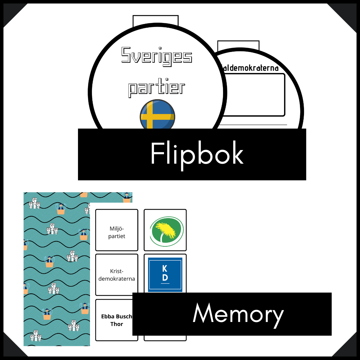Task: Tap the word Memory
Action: pyautogui.click(x=238, y=314)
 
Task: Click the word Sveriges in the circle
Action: pyautogui.click(x=156, y=56)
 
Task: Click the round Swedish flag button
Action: pyautogui.click(x=157, y=115)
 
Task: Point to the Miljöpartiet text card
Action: pyautogui.click(x=117, y=230)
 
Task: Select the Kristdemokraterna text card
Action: pyautogui.click(x=117, y=275)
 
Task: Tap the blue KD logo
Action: pyautogui.click(x=165, y=274)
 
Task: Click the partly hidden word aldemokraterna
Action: pyautogui.click(x=250, y=68)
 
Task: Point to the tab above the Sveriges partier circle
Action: pyautogui.click(x=155, y=21)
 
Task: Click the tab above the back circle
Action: pyautogui.click(x=238, y=45)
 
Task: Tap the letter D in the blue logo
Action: pyautogui.click(x=165, y=278)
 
